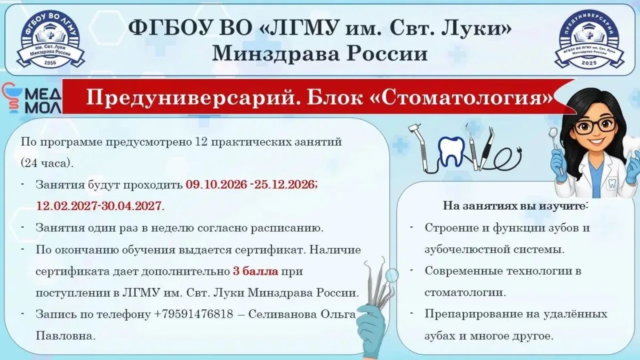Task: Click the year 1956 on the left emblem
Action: pos(50,62)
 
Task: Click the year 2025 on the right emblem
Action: pos(589,62)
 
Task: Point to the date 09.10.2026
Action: pos(217,185)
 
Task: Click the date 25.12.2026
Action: pos(285,185)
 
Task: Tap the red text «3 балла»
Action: pos(255,271)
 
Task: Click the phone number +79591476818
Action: pos(194,314)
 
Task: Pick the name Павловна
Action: pos(66,335)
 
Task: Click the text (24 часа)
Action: pos(47,163)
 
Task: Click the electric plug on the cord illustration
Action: pos(518,150)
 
